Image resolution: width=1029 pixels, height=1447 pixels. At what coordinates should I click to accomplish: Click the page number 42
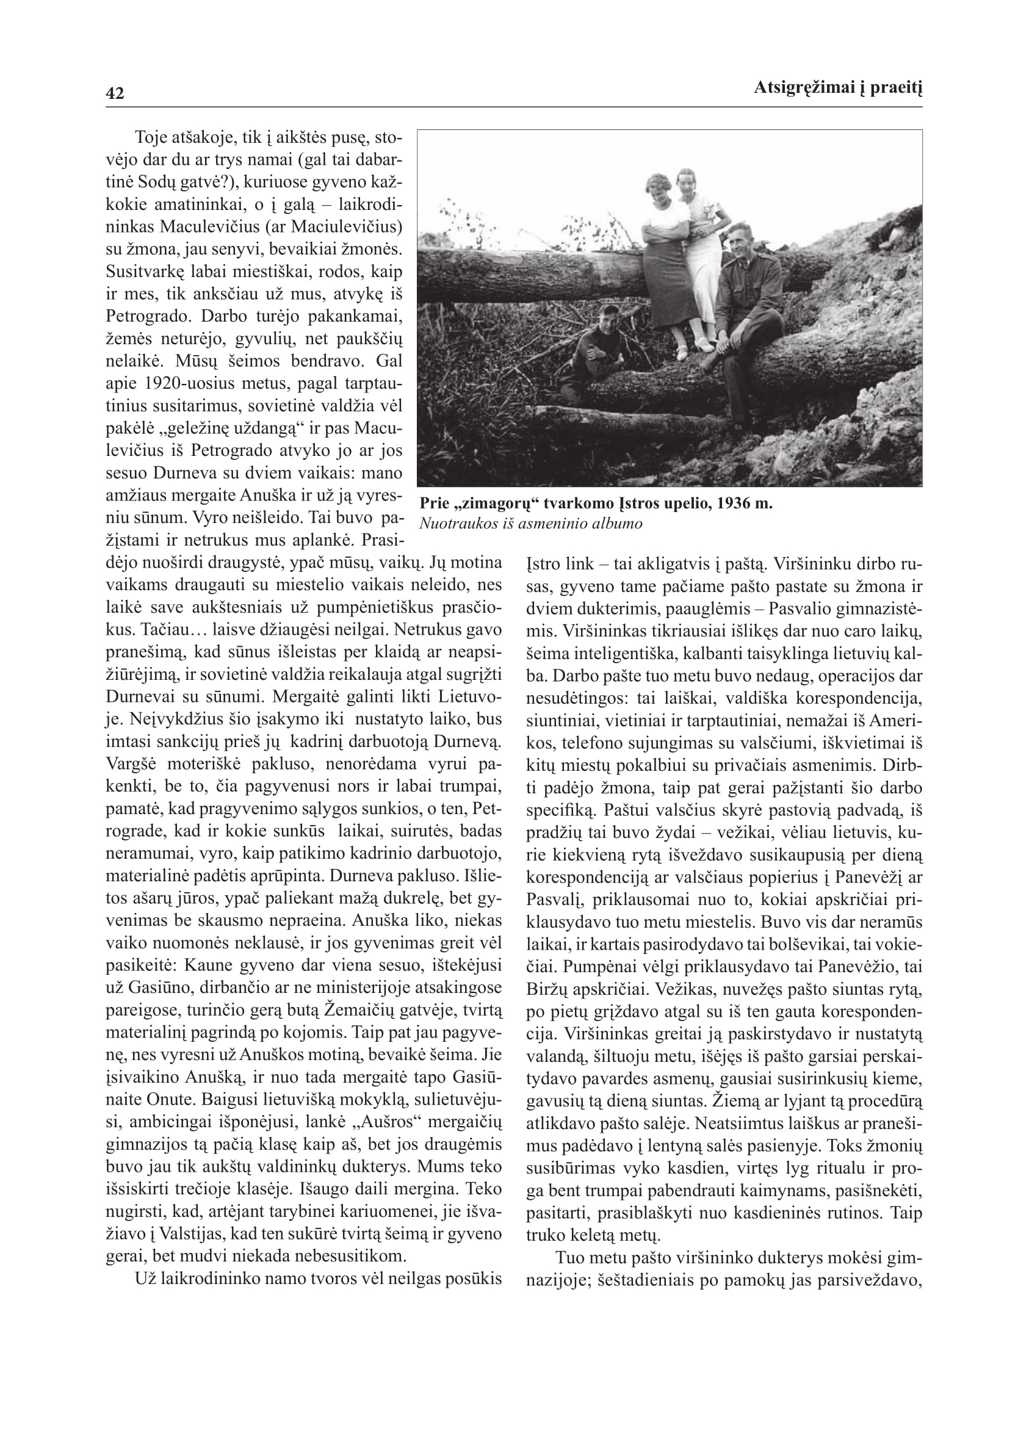(115, 94)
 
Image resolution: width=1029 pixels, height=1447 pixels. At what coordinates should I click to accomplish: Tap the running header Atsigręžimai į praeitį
(837, 88)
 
